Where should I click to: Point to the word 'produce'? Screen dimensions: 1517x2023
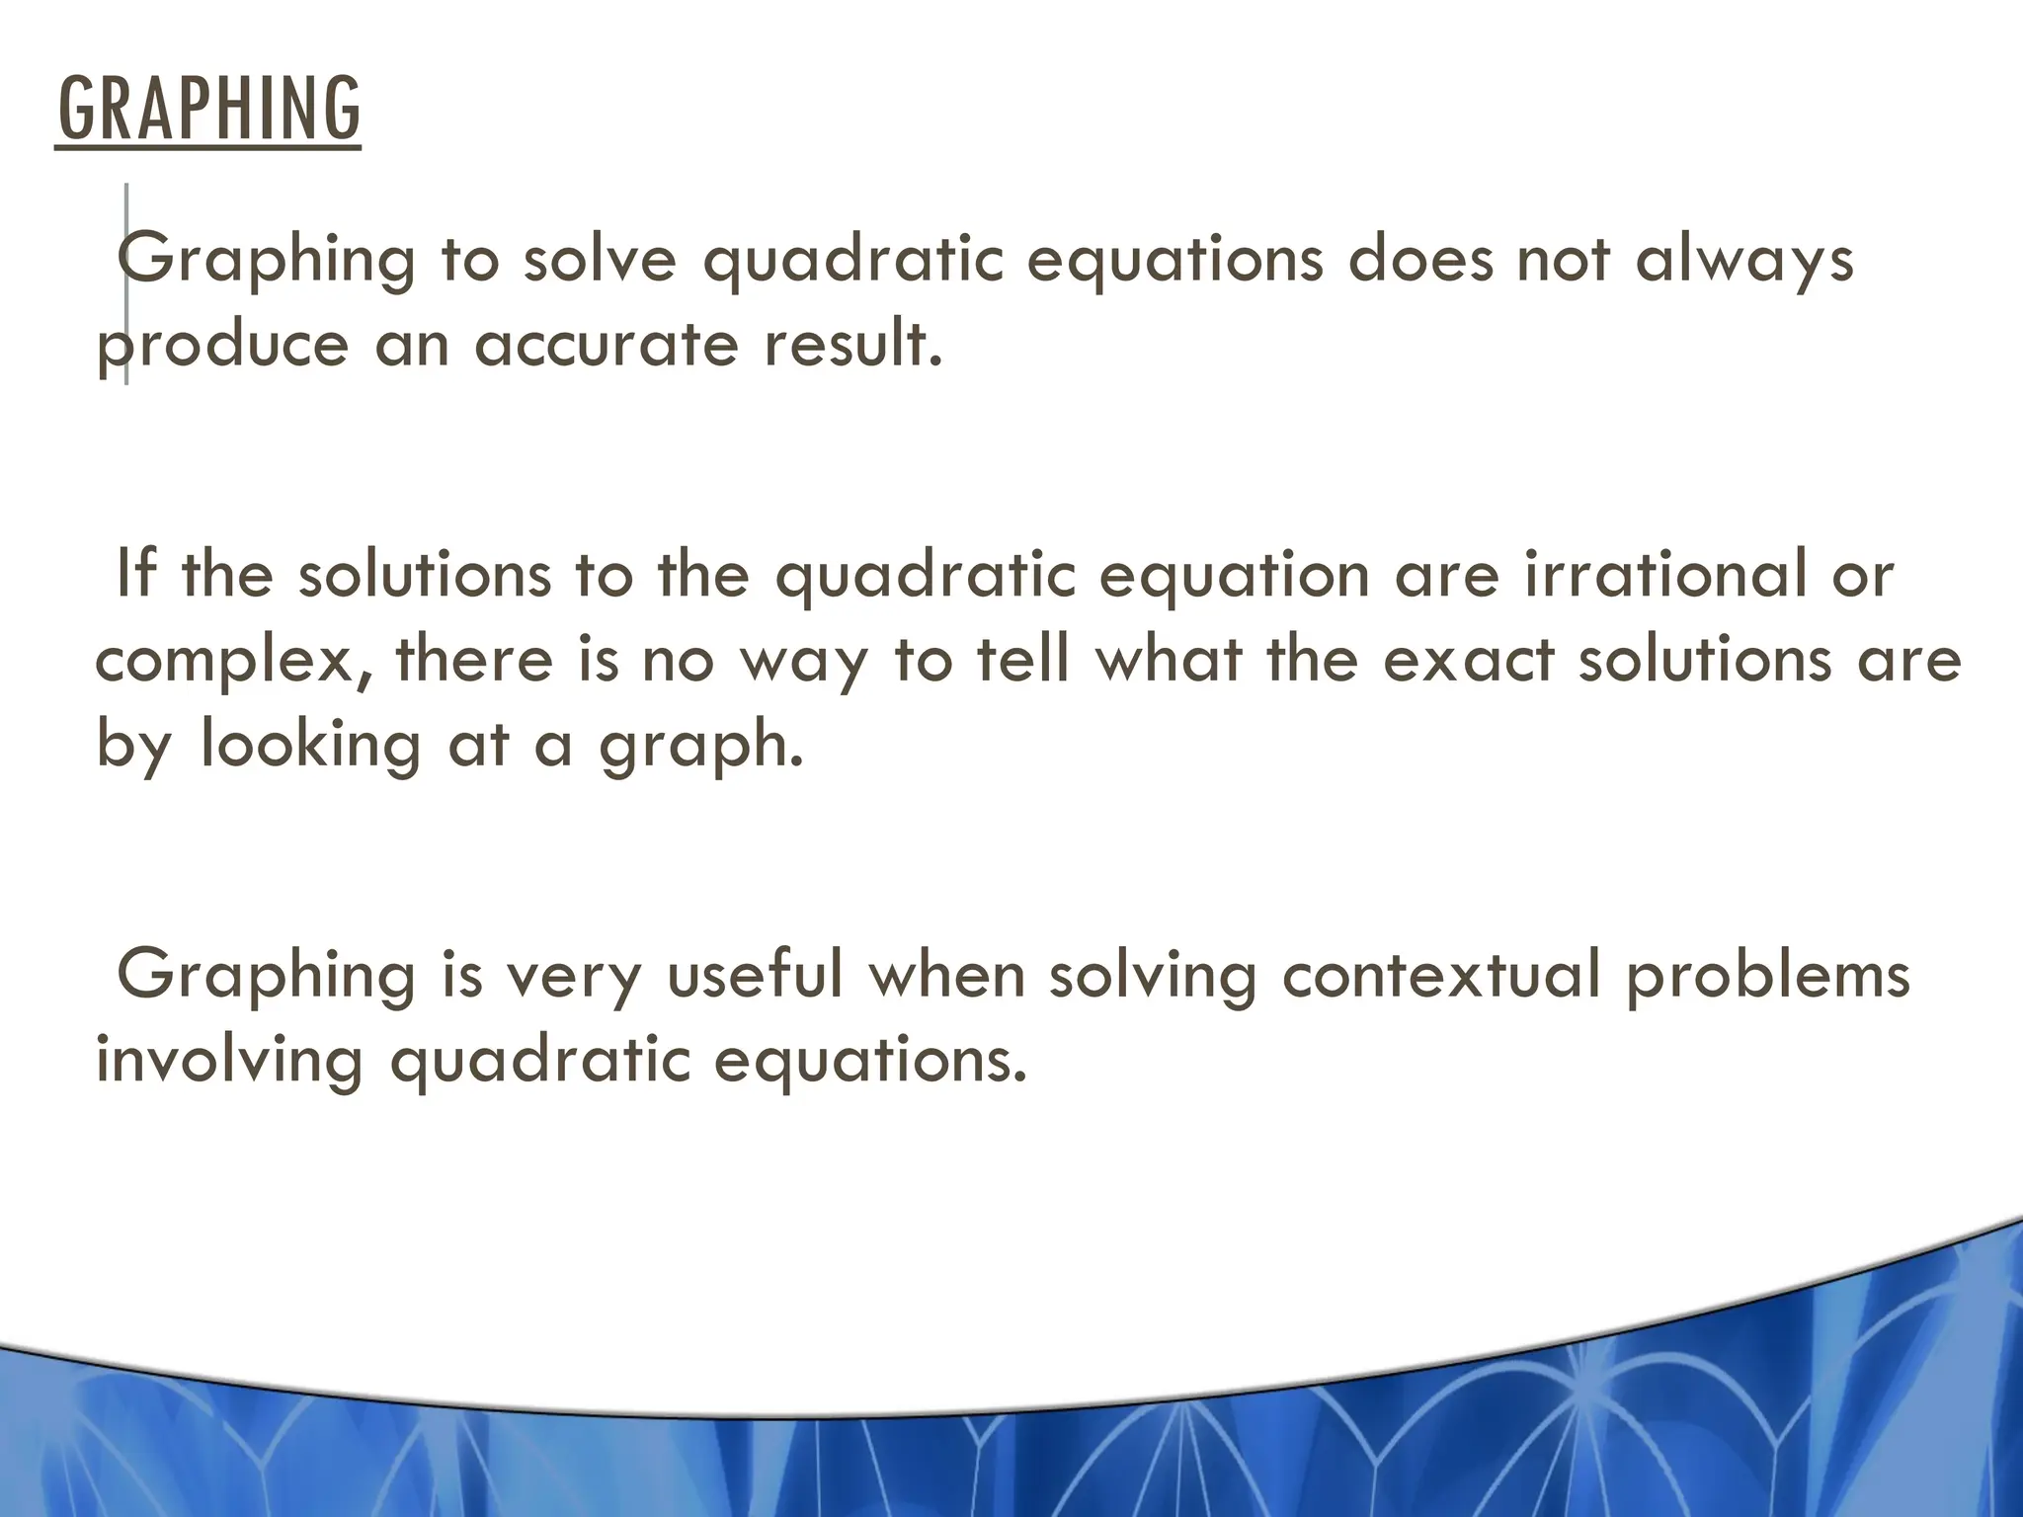[x=222, y=346]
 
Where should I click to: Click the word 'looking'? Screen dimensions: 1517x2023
[x=311, y=745]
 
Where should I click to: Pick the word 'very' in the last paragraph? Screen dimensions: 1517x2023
[x=573, y=976]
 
